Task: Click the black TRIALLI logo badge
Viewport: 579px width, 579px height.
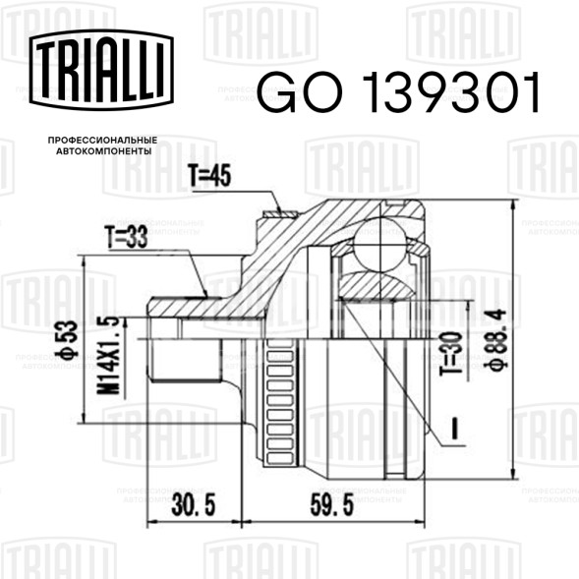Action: point(101,70)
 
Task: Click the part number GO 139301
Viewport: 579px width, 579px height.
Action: point(398,92)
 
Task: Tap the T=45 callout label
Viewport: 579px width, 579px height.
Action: point(209,175)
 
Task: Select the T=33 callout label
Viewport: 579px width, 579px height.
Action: point(126,236)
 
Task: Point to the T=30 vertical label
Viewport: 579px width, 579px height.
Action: point(451,353)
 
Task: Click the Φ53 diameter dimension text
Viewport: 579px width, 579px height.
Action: point(67,340)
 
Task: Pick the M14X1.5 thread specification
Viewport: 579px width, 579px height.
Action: point(108,355)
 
